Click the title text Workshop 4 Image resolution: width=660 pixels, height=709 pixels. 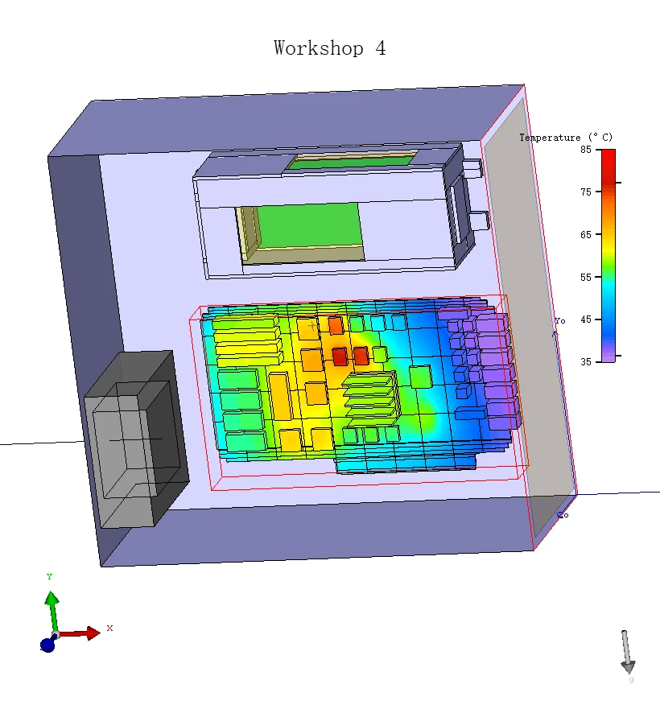pyautogui.click(x=330, y=48)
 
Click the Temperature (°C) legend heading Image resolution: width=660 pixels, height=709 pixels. pyautogui.click(x=566, y=138)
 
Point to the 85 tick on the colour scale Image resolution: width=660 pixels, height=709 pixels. pyautogui.click(x=586, y=150)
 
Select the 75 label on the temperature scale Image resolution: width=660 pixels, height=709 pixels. pyautogui.click(x=586, y=192)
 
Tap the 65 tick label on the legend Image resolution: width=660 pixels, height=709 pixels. pyautogui.click(x=586, y=235)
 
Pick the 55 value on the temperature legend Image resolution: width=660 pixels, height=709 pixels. pyautogui.click(x=586, y=277)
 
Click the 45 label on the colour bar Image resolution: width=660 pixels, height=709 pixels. pyautogui.click(x=586, y=319)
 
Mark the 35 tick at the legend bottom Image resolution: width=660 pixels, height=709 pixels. pyautogui.click(x=586, y=361)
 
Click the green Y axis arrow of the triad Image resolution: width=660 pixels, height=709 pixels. pyautogui.click(x=52, y=612)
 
